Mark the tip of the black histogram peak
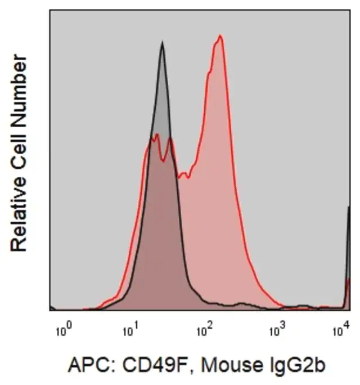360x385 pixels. click(162, 43)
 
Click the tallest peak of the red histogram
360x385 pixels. click(220, 36)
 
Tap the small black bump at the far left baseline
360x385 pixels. click(52, 308)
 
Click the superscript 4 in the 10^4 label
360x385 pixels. click(346, 326)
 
